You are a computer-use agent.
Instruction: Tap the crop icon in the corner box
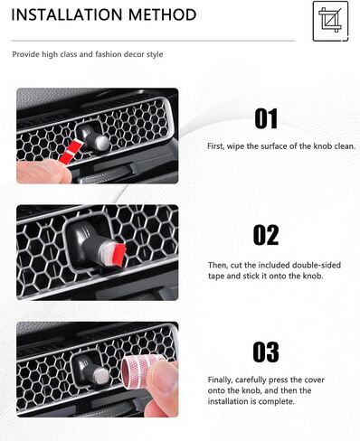[x=330, y=21]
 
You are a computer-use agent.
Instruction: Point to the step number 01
[x=266, y=118]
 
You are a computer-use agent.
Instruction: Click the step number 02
[x=266, y=235]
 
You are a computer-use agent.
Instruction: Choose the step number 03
[x=266, y=352]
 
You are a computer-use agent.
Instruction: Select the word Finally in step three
[x=220, y=380]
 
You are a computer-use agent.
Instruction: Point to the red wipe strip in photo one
[x=70, y=152]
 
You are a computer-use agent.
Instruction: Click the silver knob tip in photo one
[x=102, y=143]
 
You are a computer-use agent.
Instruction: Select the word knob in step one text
[x=323, y=146]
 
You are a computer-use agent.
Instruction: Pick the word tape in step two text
[x=216, y=276]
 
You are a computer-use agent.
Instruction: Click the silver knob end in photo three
[x=101, y=375]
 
